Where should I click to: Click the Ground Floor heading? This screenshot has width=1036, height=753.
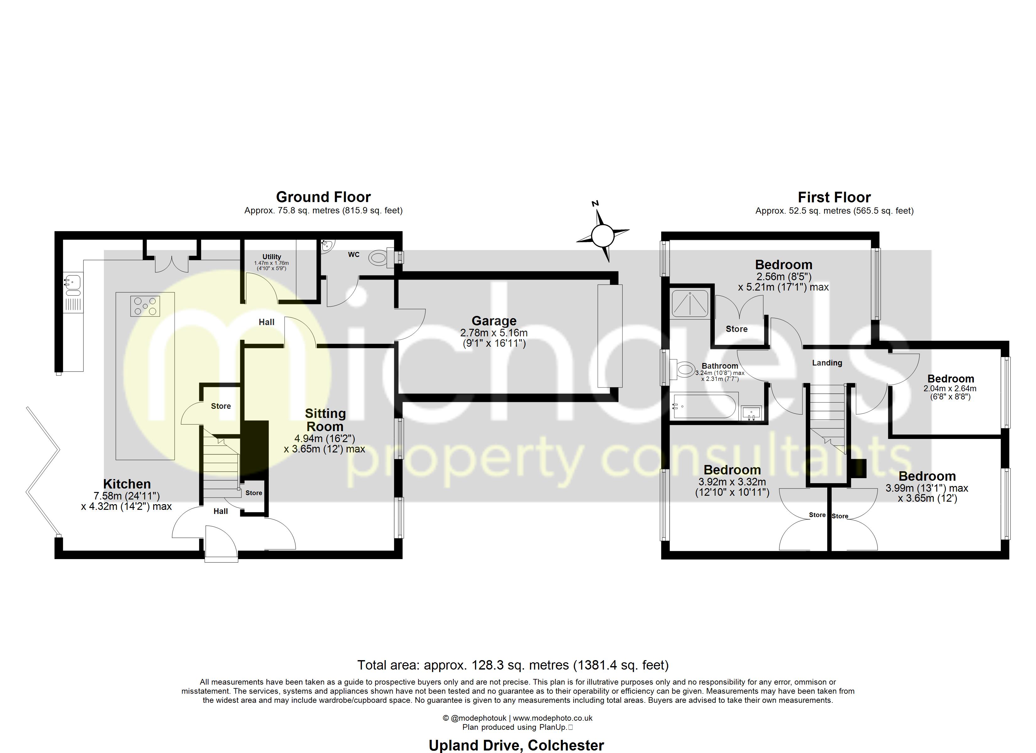click(x=323, y=197)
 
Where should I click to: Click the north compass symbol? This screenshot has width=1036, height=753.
click(x=602, y=235)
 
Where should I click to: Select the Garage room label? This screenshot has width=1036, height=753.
click(x=494, y=321)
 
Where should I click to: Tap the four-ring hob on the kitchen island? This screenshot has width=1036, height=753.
click(x=145, y=306)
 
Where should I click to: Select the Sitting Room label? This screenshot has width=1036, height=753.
click(x=325, y=420)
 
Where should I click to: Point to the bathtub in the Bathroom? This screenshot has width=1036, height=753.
click(x=704, y=405)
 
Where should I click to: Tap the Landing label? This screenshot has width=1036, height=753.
click(x=827, y=363)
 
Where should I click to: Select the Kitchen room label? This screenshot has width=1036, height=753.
click(x=127, y=484)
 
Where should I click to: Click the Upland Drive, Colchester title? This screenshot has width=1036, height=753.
click(x=516, y=745)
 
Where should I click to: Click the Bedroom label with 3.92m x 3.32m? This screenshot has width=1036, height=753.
click(x=732, y=470)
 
